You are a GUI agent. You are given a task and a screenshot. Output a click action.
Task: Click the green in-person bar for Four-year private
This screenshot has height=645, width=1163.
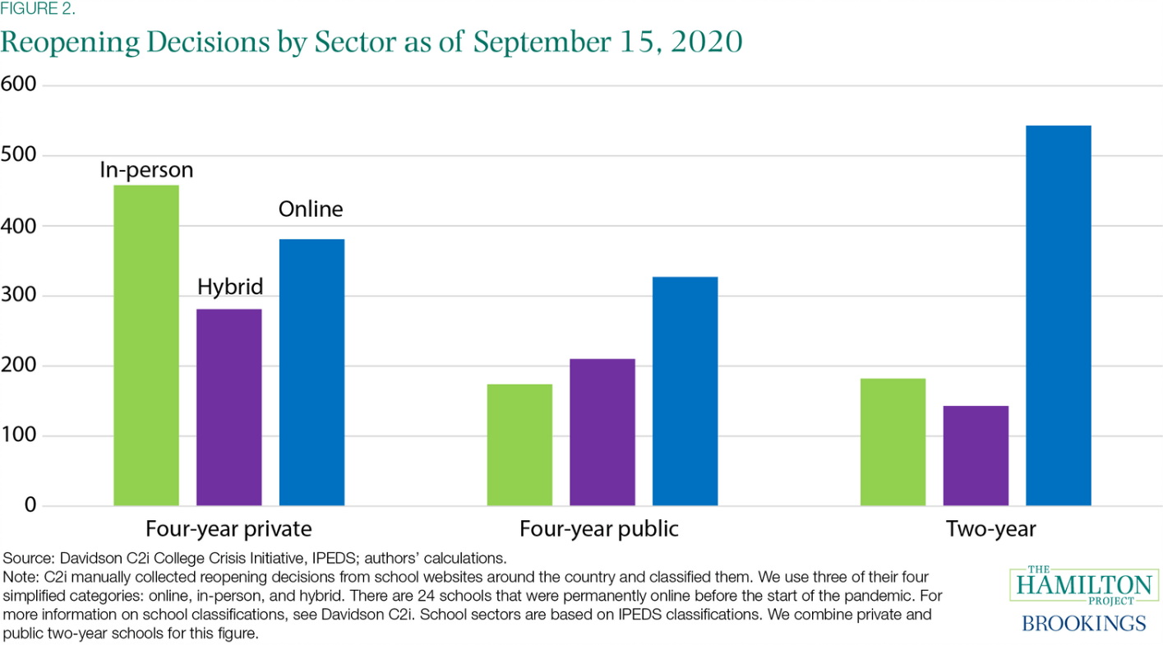[145, 345]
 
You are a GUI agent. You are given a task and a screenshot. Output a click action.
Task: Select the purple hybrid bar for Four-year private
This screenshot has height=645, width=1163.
[228, 407]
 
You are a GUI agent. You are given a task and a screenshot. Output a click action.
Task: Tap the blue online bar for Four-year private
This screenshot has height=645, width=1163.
[312, 371]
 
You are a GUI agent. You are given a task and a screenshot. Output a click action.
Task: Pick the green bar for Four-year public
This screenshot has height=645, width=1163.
[519, 445]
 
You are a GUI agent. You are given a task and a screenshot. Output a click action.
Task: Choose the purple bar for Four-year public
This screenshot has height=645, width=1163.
[602, 431]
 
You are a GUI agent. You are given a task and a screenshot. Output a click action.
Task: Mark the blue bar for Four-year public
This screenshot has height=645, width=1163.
[685, 390]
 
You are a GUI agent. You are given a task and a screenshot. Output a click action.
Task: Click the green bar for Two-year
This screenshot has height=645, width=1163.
[893, 441]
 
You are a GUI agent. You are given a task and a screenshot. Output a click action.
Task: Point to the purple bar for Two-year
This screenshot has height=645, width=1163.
[976, 455]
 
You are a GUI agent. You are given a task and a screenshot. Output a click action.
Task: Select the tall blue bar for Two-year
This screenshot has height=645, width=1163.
[1059, 316]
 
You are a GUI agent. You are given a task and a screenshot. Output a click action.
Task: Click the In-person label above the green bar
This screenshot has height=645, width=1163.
[146, 170]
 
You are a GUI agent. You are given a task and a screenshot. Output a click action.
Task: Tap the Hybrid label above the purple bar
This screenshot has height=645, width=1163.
[230, 287]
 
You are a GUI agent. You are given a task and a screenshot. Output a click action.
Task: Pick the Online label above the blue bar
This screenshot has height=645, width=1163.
[311, 210]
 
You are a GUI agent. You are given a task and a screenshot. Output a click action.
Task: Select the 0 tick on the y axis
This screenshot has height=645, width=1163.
[30, 504]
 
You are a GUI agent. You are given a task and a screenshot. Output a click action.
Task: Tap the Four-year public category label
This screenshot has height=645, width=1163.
[599, 528]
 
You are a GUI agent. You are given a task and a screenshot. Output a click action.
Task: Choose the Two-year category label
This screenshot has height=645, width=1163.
[990, 528]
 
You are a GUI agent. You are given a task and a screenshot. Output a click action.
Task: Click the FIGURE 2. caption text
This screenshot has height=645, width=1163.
[38, 11]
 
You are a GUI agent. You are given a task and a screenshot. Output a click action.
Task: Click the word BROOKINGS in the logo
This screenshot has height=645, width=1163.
[1083, 623]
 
